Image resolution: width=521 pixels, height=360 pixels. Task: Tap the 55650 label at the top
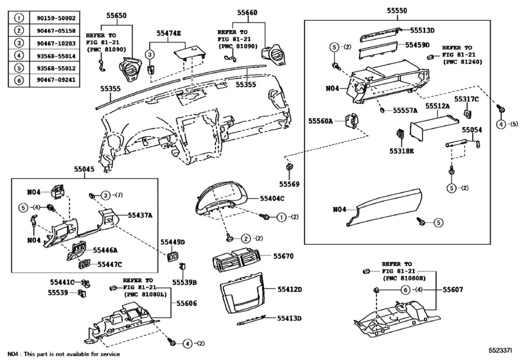116,12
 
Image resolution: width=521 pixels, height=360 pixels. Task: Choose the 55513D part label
420,30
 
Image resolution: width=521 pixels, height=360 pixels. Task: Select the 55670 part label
283,256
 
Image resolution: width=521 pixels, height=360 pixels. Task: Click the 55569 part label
290,184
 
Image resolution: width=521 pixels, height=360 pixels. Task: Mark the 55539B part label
184,282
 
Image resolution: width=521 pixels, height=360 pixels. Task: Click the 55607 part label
452,291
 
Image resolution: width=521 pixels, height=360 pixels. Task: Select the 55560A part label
321,120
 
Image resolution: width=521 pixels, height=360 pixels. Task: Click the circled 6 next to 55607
406,291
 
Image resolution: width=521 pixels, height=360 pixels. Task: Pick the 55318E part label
401,151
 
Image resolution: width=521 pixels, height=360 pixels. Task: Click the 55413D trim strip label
289,318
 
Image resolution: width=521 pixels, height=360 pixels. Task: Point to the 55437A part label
140,215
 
